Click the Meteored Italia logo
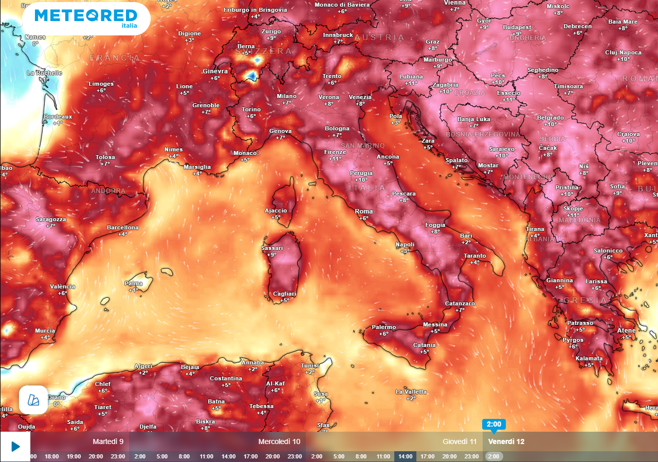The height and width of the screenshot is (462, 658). [x=86, y=18]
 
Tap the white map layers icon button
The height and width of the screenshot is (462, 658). [x=33, y=400]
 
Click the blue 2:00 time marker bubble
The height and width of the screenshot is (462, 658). [x=493, y=425]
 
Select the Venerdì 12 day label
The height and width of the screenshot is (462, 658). [x=506, y=441]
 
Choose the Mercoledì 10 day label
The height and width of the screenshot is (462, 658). [x=279, y=441]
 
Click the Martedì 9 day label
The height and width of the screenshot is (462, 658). [x=108, y=441]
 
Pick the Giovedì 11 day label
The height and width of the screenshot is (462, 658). [x=460, y=441]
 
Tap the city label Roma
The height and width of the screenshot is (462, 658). [x=364, y=211]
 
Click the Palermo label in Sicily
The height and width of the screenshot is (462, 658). [x=383, y=327]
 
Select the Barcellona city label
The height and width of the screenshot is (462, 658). [x=122, y=227]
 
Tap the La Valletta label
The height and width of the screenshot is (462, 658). [x=411, y=392]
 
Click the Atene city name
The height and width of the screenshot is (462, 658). [x=626, y=330]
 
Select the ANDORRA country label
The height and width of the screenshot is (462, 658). [x=108, y=191]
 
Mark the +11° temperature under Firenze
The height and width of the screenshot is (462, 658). [x=335, y=159]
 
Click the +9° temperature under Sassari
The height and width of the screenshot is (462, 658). [x=272, y=255]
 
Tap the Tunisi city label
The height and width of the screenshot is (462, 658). [x=309, y=365]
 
